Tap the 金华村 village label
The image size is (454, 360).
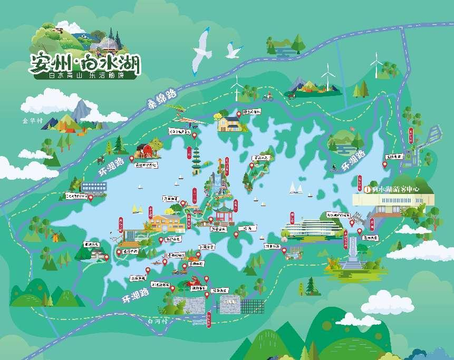tap(32, 120)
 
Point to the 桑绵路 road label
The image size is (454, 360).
tap(161, 99)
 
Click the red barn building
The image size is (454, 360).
tap(143, 151)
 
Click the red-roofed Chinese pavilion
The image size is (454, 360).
tap(222, 212)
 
